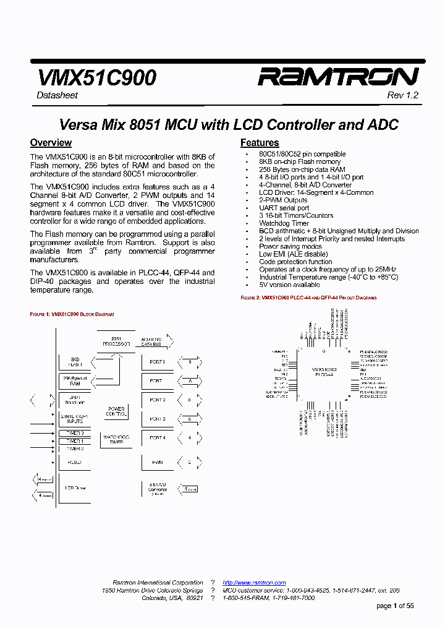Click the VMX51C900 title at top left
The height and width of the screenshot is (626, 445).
coord(96,77)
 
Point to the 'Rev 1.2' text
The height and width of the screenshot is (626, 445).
coord(402,95)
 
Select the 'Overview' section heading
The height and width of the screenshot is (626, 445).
coord(51,143)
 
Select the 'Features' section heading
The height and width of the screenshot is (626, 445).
coord(260,143)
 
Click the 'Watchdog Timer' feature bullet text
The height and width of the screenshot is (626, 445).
coord(284,223)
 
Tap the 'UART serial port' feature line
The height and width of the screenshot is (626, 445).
coord(284,208)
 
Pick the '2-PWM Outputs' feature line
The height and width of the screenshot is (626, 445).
coord(283,200)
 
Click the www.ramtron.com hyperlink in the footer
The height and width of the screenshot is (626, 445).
coord(254,583)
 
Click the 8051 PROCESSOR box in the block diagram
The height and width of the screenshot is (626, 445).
coord(116,341)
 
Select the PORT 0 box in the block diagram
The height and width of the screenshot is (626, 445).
coord(157,361)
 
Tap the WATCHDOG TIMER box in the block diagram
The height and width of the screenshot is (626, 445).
coord(116,440)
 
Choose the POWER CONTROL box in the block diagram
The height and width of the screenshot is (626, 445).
coord(116,411)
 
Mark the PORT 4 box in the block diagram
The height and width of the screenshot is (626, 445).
coord(157,438)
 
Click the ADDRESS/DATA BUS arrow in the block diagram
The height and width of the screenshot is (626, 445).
coord(156,341)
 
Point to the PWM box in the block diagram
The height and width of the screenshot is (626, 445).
coord(157,462)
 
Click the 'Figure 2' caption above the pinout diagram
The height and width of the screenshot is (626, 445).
coord(308,298)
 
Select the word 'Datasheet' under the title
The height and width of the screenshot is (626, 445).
coord(56,95)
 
